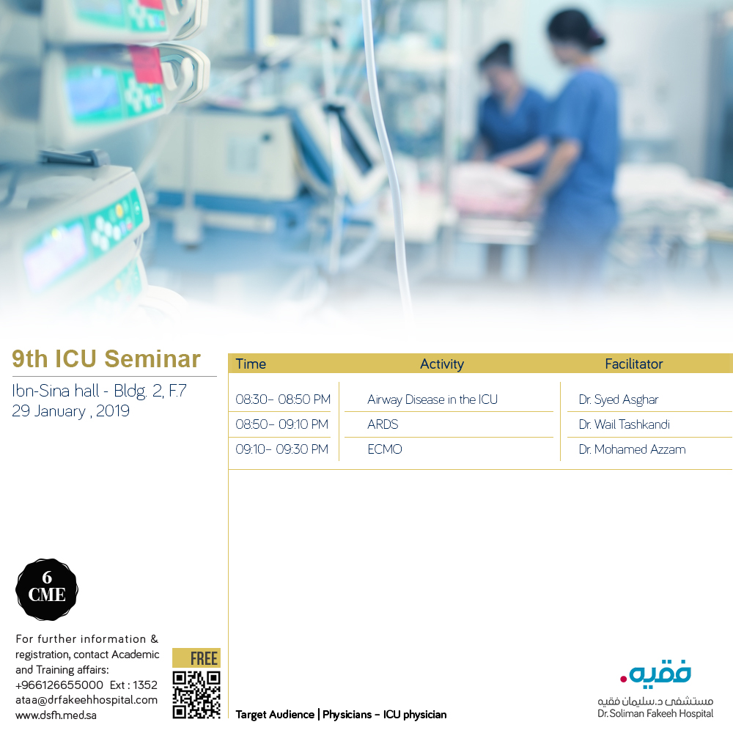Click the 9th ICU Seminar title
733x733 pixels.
tap(106, 359)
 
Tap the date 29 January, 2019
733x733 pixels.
tap(70, 411)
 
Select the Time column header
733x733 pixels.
tap(251, 364)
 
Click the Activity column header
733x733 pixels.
tap(441, 364)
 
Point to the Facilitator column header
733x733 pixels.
tap(633, 364)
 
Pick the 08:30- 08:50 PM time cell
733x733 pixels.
tap(282, 399)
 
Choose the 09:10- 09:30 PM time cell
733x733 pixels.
tap(281, 449)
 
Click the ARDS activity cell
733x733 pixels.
tap(383, 424)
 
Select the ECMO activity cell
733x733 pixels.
tap(385, 449)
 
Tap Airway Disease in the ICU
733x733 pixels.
tap(432, 399)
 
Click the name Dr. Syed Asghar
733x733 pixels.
tap(618, 399)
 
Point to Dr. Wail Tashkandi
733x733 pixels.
tap(624, 424)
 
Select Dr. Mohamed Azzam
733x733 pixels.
tap(632, 449)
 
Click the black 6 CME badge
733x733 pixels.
tap(47, 589)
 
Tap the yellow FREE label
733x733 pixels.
tap(196, 658)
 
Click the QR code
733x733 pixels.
tap(196, 694)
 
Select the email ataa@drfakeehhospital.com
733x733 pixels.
tap(86, 700)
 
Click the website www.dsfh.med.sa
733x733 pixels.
tap(56, 715)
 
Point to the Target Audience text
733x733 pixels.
tap(341, 714)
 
